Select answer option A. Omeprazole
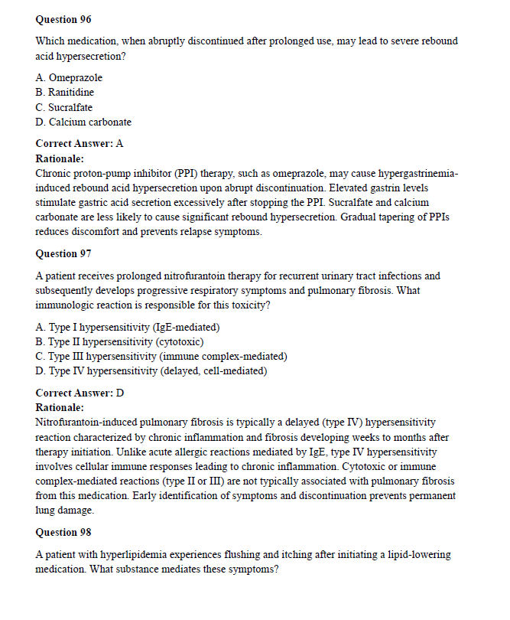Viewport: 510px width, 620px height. pos(69,78)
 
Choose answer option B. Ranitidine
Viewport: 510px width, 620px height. pos(65,93)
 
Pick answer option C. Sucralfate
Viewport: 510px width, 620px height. pos(64,107)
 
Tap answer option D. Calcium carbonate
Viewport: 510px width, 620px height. pos(83,122)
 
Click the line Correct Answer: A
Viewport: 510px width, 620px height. pos(80,143)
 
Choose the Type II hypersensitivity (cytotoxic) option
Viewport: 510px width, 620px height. pos(119,342)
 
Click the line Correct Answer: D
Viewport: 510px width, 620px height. pos(80,393)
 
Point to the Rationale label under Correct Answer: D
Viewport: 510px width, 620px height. pos(60,407)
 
